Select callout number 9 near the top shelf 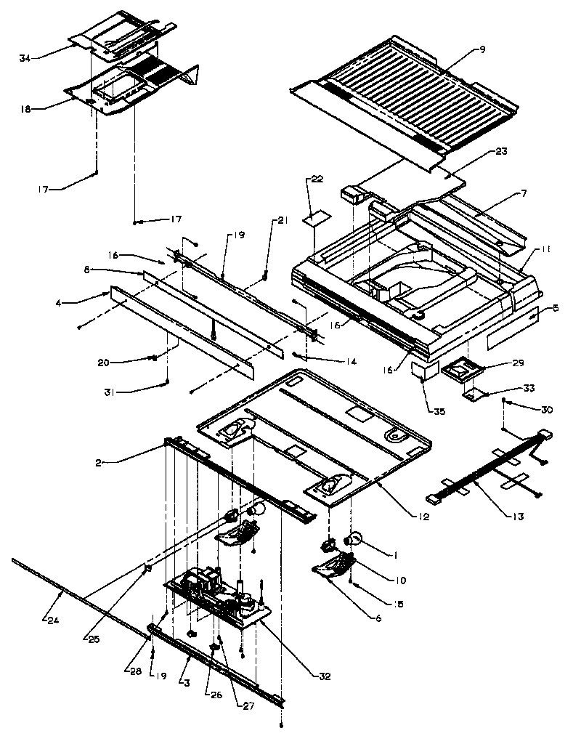482,49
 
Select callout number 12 424,517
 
